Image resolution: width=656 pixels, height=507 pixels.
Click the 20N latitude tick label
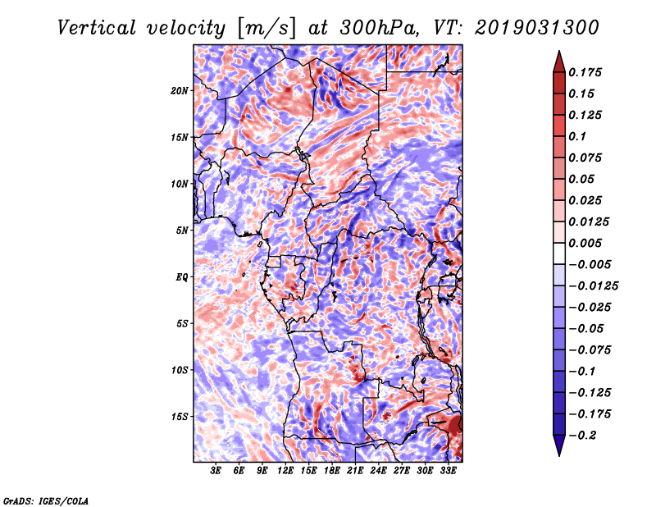click(x=180, y=90)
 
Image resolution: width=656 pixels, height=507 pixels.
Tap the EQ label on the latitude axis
click(x=181, y=276)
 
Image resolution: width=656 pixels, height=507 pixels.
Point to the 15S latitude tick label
click(x=180, y=417)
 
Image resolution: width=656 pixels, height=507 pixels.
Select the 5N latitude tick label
click(x=182, y=231)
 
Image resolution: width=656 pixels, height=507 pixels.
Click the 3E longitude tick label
click(x=216, y=471)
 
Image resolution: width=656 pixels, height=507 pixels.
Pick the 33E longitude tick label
click(x=448, y=471)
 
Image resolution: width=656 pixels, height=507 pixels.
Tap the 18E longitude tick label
click(x=332, y=471)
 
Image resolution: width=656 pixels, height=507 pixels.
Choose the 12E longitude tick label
click(x=285, y=471)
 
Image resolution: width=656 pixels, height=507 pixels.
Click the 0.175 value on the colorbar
click(x=585, y=72)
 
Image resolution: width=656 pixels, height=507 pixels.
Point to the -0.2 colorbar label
click(x=582, y=436)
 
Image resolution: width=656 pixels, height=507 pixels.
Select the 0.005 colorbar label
click(x=585, y=243)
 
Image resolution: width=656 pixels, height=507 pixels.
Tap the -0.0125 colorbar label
click(x=593, y=286)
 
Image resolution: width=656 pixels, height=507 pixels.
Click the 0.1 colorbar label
click(x=577, y=136)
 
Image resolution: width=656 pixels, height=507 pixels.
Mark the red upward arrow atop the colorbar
click(x=559, y=62)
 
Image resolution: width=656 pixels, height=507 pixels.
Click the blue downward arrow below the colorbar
click(x=559, y=445)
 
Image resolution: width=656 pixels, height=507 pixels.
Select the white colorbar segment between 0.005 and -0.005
click(x=559, y=253)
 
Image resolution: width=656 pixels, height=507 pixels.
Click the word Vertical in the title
click(x=97, y=28)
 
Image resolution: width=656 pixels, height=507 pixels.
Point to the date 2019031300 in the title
click(x=537, y=28)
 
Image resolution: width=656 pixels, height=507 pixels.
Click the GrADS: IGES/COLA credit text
click(x=46, y=500)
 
